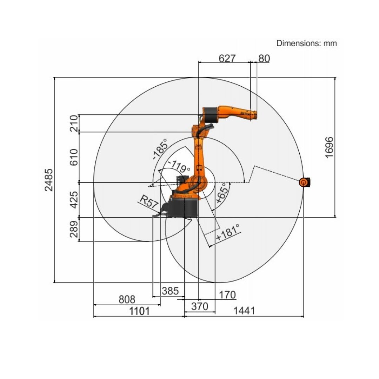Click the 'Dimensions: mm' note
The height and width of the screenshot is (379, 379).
[306, 43]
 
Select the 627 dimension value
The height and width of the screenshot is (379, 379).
[227, 58]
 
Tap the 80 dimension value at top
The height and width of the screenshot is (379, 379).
[264, 58]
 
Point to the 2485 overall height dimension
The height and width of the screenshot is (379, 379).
[49, 180]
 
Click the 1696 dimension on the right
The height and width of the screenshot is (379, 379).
[329, 147]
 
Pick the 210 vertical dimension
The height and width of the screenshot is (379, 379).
[74, 123]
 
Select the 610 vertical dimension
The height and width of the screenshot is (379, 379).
[74, 157]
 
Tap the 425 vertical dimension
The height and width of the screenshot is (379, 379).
[74, 200]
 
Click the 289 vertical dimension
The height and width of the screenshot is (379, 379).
[74, 229]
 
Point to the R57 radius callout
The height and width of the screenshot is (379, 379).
[149, 202]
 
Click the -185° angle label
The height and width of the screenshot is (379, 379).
[160, 149]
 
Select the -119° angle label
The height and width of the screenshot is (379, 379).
[179, 166]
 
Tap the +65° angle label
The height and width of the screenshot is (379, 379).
[222, 193]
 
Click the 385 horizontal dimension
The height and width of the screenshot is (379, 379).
[170, 291]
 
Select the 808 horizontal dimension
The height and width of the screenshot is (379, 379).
[127, 299]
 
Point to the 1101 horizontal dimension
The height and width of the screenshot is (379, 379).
[139, 311]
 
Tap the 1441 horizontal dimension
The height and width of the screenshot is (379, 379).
[244, 311]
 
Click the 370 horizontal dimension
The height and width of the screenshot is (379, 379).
[200, 306]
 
